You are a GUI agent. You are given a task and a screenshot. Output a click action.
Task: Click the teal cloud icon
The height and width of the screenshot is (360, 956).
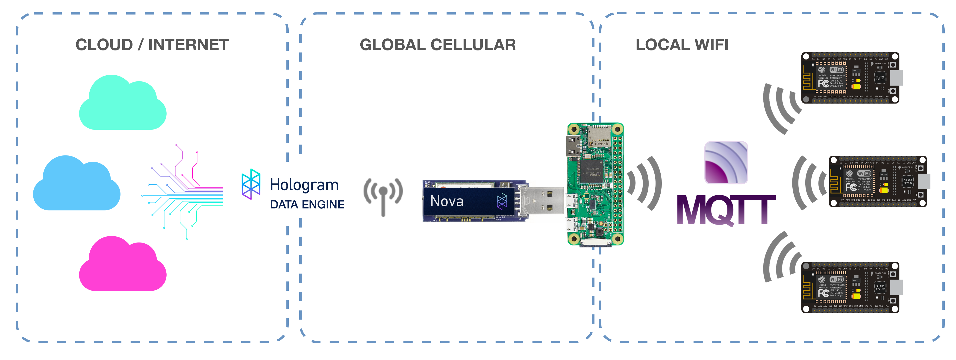[123, 106]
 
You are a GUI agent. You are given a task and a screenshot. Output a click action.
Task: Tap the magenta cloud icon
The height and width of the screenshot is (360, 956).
[123, 267]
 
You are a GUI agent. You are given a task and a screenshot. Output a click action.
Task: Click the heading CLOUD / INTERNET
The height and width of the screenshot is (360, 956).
[152, 45]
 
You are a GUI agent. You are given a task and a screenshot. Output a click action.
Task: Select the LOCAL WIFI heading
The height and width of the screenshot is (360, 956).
[682, 45]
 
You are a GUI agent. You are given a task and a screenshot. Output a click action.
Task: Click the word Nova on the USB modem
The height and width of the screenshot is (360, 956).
[447, 201]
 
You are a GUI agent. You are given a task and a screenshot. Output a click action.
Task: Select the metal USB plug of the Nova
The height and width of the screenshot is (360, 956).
[542, 200]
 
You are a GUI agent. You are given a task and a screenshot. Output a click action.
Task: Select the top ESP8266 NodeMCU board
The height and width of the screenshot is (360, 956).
[850, 78]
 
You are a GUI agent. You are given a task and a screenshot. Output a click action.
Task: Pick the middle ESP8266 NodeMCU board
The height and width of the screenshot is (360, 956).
[878, 181]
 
